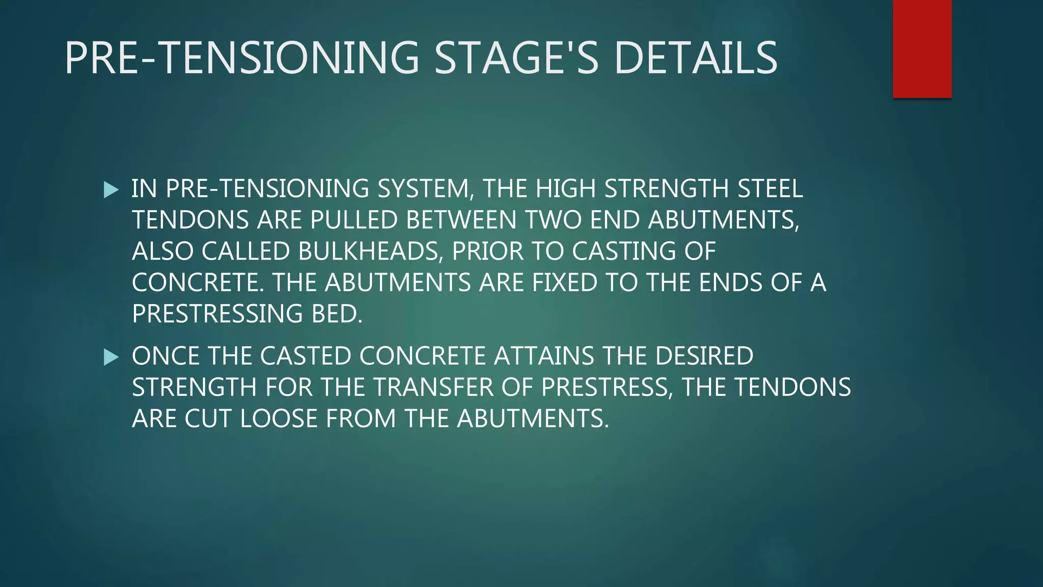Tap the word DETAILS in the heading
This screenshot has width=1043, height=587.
click(x=696, y=58)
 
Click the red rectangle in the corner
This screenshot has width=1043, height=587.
click(x=922, y=49)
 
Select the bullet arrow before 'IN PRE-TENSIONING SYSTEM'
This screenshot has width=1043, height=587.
click(x=111, y=190)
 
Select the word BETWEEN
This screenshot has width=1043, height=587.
click(x=461, y=220)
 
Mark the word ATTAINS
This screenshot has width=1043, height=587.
click(x=543, y=356)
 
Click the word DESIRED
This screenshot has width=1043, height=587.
click(x=704, y=356)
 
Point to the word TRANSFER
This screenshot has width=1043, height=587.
click(x=433, y=387)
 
